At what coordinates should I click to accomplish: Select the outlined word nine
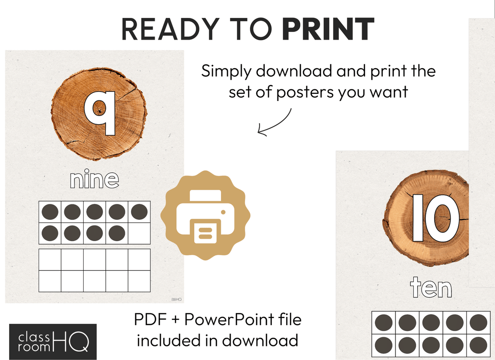[x=94, y=179]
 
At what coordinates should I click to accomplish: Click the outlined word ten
[x=431, y=288]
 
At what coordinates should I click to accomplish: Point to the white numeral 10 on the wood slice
[x=436, y=218]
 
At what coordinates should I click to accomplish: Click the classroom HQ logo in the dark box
[x=53, y=342]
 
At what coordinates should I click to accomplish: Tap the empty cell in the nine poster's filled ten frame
[x=139, y=233]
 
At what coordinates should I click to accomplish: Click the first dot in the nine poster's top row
[x=50, y=212]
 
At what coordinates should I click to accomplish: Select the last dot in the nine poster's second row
[x=117, y=233]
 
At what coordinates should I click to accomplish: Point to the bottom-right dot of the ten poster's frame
[x=479, y=345]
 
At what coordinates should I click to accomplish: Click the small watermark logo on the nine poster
[x=176, y=299]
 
